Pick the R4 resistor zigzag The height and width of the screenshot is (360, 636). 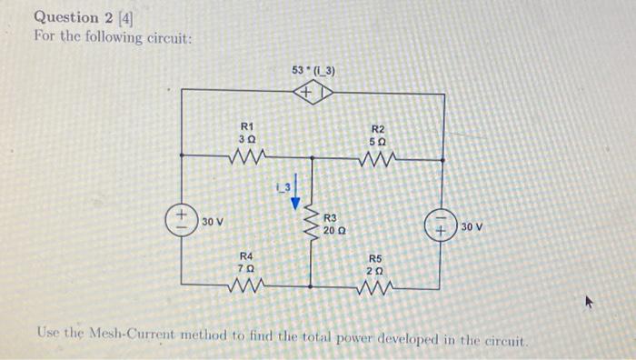click(246, 288)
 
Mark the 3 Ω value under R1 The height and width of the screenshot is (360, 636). click(246, 140)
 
